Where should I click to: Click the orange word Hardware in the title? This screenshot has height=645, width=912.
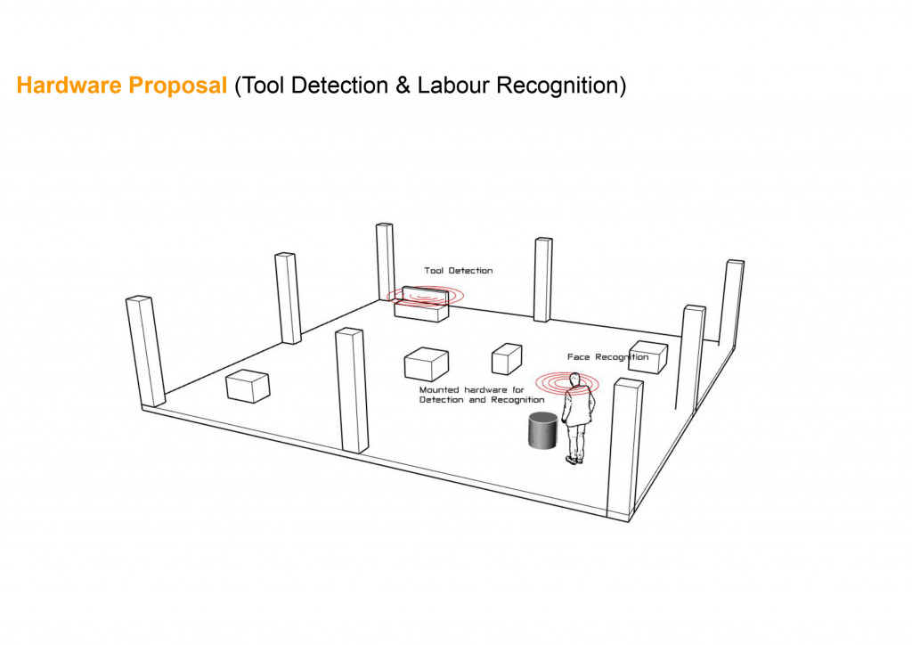click(x=69, y=86)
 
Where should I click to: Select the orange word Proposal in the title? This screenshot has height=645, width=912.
click(x=177, y=86)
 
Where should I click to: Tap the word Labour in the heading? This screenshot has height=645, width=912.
click(x=453, y=86)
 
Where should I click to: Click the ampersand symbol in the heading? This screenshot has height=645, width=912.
click(x=403, y=86)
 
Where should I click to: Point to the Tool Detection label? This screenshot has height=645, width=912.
click(x=459, y=271)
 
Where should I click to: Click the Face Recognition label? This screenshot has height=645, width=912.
click(x=607, y=357)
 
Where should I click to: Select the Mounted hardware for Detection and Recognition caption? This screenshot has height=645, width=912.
click(x=482, y=395)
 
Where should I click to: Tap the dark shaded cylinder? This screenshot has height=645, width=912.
click(x=542, y=430)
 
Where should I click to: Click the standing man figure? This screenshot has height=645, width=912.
click(x=577, y=418)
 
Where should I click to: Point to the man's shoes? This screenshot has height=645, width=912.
click(x=574, y=460)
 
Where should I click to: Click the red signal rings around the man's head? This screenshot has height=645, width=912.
click(x=566, y=384)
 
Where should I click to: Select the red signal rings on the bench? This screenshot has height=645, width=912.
click(x=426, y=296)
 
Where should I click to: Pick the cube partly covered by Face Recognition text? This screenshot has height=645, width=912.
click(x=648, y=357)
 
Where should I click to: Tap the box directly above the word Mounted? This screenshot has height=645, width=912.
click(x=427, y=364)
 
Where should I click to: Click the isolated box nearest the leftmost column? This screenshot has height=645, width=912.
click(x=248, y=386)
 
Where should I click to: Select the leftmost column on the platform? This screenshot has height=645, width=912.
click(x=145, y=352)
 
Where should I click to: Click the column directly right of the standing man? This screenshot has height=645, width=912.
click(x=624, y=449)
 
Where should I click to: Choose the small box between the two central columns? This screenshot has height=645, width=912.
click(x=507, y=359)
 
